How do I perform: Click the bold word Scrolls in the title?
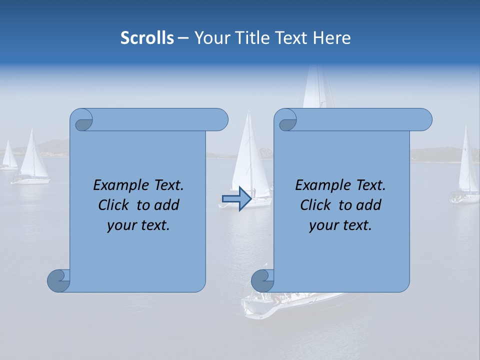point(147,38)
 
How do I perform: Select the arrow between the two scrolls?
point(236,199)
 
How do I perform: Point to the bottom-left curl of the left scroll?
point(58,280)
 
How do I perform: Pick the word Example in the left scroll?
point(119,185)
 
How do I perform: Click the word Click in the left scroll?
point(114,205)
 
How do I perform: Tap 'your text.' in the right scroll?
point(340,225)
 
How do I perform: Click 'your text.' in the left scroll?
point(138,225)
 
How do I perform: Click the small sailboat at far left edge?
point(8,156)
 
